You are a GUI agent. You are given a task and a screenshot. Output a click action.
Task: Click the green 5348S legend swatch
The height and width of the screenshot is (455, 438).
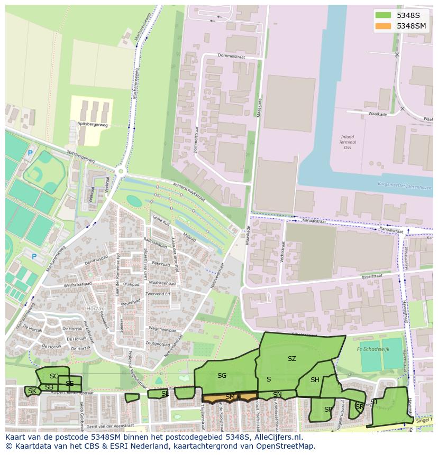click(384, 15)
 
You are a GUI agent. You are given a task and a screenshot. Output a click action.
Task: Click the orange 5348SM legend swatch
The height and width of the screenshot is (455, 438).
click(384, 26)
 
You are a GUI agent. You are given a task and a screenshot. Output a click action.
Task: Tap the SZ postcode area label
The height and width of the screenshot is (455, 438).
click(291, 359)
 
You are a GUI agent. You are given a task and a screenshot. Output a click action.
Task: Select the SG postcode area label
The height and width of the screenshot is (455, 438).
click(222, 376)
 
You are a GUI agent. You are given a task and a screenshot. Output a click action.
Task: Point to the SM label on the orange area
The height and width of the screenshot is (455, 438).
click(230, 396)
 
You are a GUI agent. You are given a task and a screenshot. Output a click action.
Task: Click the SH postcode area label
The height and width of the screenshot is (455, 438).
click(315, 380)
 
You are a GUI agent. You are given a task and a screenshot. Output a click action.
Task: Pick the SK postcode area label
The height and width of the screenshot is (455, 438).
click(32, 391)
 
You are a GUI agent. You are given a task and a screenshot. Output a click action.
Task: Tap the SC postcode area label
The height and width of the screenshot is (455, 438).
click(54, 376)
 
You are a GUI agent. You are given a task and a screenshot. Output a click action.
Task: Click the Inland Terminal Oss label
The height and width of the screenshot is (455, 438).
click(347, 142)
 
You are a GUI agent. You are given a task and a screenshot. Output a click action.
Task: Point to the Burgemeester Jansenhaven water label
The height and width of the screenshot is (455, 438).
click(405, 187)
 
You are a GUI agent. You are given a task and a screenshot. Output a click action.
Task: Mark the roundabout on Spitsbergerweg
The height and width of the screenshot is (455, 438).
click(121, 171)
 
